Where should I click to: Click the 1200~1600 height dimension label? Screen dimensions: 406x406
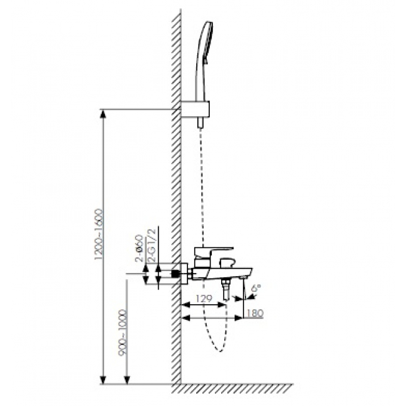(99, 234)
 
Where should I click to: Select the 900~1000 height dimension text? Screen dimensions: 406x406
(123, 332)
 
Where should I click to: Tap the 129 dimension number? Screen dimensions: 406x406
(204, 299)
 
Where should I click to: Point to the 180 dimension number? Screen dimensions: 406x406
(254, 313)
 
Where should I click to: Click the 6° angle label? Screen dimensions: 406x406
(256, 289)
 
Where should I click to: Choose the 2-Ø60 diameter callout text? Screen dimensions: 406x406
(139, 249)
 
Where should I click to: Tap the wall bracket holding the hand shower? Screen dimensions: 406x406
(195, 109)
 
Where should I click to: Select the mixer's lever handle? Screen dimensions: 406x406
(214, 252)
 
